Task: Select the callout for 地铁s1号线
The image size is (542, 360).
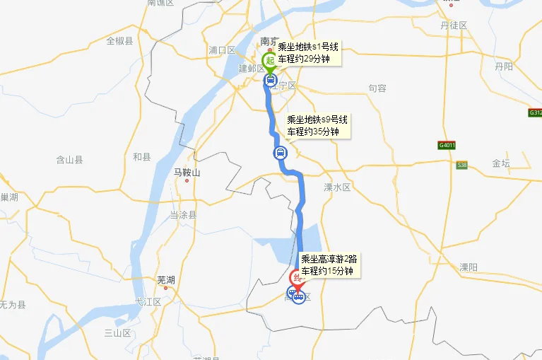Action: pyautogui.click(x=308, y=53)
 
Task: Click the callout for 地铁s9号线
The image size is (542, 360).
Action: pyautogui.click(x=317, y=126)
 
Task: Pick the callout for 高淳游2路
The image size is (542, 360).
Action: pyautogui.click(x=329, y=265)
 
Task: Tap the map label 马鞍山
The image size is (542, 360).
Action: pyautogui.click(x=187, y=173)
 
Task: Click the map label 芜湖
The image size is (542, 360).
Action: pyautogui.click(x=165, y=279)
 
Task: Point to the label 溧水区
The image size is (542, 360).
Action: pyautogui.click(x=337, y=187)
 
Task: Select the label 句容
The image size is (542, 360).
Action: pyautogui.click(x=377, y=88)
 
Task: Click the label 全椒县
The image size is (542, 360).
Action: pyautogui.click(x=119, y=41)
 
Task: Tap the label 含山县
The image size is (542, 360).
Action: pyautogui.click(x=69, y=161)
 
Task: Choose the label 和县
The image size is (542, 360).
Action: pyautogui.click(x=142, y=157)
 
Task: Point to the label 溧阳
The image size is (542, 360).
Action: pyautogui.click(x=469, y=267)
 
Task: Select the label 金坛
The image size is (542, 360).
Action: pyautogui.click(x=501, y=163)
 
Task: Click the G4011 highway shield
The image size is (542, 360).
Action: pyautogui.click(x=447, y=146)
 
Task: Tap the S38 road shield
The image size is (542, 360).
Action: pyautogui.click(x=462, y=165)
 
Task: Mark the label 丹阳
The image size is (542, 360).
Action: pyautogui.click(x=504, y=66)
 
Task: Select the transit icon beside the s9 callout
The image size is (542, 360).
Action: pyautogui.click(x=280, y=153)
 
